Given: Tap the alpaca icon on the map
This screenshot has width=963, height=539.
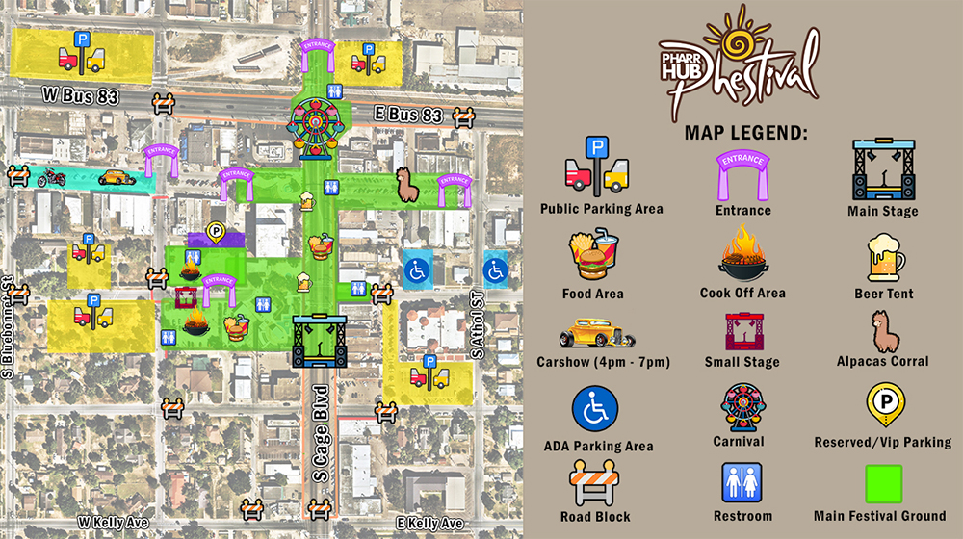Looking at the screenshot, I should coord(407,183).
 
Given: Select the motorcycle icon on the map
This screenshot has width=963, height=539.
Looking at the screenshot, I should coord(50,177).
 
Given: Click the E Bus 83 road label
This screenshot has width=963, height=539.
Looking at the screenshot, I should coord(407,115).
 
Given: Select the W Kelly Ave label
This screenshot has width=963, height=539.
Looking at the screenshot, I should coord(114,522).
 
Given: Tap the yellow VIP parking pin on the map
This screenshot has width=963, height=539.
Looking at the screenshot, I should coord(217,232).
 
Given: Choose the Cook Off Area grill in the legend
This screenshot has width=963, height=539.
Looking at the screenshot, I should coord(742,253).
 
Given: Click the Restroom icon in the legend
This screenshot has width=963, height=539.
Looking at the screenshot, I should coord(742,481).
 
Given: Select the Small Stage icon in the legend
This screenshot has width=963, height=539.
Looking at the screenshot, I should coord(742,330).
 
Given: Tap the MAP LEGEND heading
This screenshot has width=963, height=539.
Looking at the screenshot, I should coord(746,132).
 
